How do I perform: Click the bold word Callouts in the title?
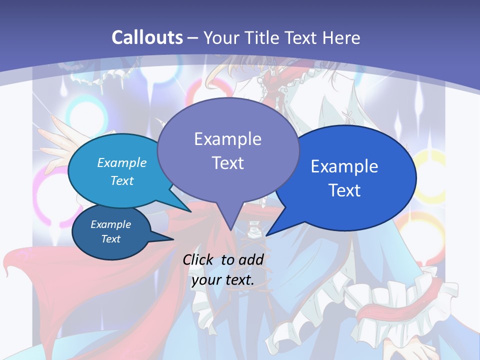147,37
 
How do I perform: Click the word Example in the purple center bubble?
227,139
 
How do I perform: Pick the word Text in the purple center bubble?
227,163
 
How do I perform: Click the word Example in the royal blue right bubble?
344,166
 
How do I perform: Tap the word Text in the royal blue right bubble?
344,190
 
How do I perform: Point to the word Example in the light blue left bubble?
122,162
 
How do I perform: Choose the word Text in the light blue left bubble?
122,180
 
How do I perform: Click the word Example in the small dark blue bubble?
111,224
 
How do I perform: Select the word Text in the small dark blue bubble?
111,239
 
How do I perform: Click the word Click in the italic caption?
199,259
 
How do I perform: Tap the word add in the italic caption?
251,259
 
